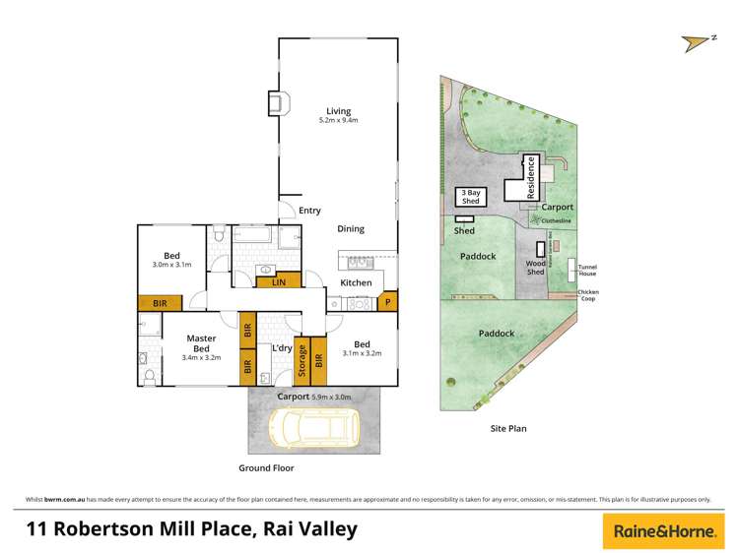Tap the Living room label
tap(339, 111)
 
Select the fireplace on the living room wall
tap(278, 102)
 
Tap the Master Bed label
tap(201, 343)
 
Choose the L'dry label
tap(281, 348)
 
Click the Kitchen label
tap(356, 283)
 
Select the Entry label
tap(309, 211)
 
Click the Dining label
tap(351, 229)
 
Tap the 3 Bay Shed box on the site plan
tap(470, 197)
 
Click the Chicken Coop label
tap(588, 295)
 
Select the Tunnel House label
tap(587, 270)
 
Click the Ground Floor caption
tap(266, 468)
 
